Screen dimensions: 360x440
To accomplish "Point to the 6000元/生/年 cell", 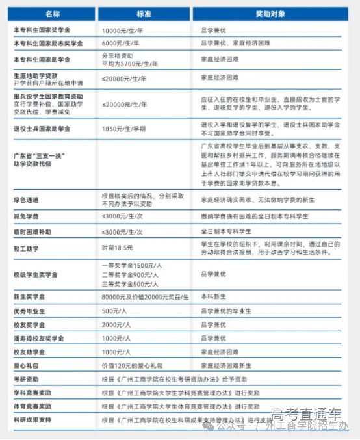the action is [122, 44].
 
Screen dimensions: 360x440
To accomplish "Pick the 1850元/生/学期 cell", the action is [124, 129].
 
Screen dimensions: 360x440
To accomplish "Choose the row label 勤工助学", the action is [25, 249].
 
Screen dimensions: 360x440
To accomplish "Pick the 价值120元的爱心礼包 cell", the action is [129, 365].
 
